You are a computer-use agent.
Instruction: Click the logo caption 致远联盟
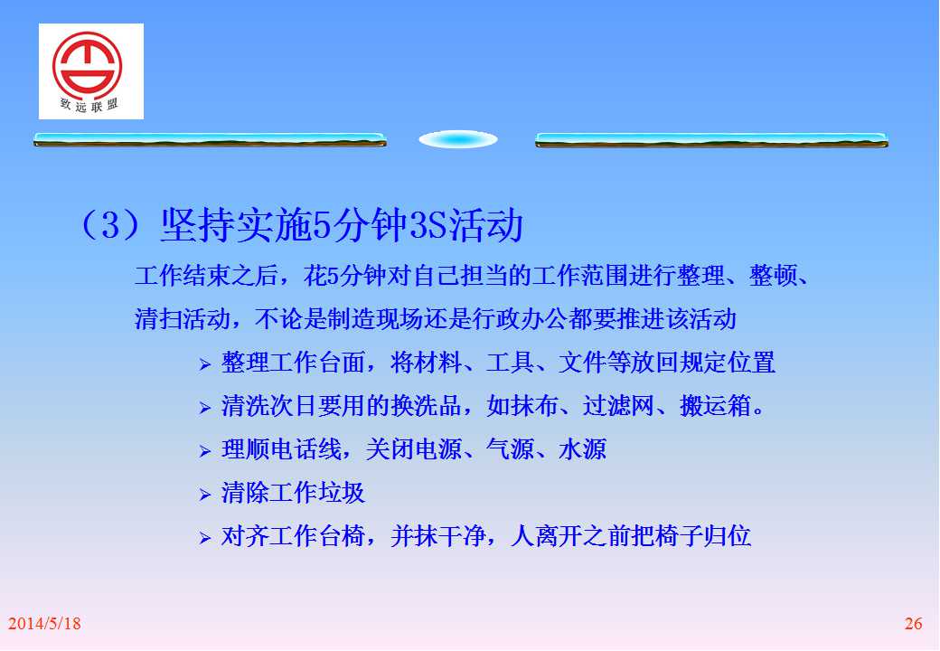click(89, 104)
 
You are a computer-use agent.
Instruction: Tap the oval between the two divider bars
click(458, 139)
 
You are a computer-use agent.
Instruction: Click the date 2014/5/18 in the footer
click(44, 624)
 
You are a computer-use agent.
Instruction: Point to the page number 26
click(913, 624)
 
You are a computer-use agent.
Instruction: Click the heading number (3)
click(110, 225)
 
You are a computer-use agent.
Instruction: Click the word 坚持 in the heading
click(198, 225)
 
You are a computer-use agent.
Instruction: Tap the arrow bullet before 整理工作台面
click(205, 363)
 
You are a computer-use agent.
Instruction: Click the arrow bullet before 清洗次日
click(205, 408)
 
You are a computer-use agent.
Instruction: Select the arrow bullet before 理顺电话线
click(205, 451)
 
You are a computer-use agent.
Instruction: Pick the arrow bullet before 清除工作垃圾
click(205, 495)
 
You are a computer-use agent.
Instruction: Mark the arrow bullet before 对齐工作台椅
click(205, 538)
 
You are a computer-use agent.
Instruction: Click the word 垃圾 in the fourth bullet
click(342, 493)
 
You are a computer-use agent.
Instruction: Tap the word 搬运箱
click(715, 406)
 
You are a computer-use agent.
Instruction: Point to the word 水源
click(582, 449)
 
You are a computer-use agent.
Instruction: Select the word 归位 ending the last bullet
click(728, 536)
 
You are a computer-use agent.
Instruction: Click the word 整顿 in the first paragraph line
click(773, 276)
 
